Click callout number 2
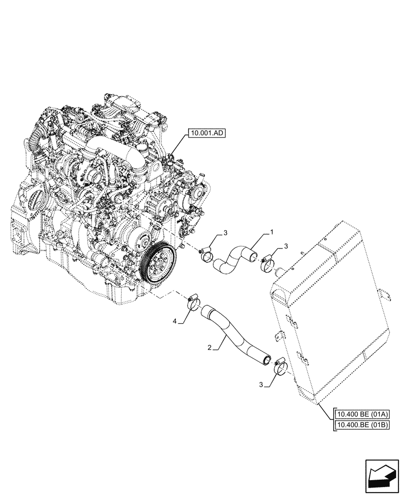211,348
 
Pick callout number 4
175,322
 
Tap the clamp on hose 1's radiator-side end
268,262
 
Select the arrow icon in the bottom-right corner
382,477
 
